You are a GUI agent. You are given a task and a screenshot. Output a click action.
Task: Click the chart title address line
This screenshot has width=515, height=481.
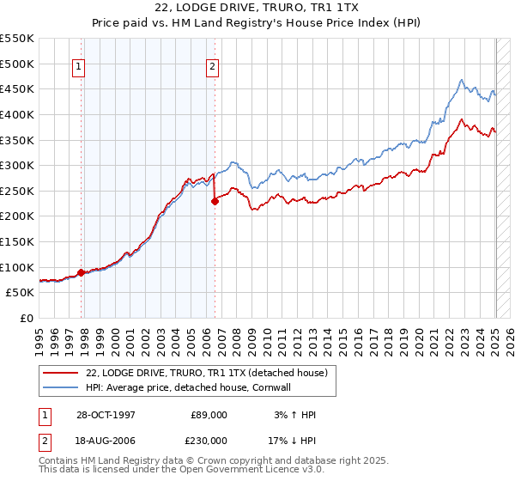click(257, 9)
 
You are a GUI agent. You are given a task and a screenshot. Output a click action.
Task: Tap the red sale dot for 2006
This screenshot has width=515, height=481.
click(215, 201)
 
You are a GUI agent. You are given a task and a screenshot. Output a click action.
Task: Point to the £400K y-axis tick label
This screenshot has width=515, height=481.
click(18, 114)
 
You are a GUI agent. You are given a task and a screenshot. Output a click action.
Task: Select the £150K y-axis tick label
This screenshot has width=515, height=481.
click(18, 241)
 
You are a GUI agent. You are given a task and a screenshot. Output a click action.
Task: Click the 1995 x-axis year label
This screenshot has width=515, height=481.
click(39, 340)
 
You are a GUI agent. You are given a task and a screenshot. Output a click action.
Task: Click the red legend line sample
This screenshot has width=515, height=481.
click(61, 373)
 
